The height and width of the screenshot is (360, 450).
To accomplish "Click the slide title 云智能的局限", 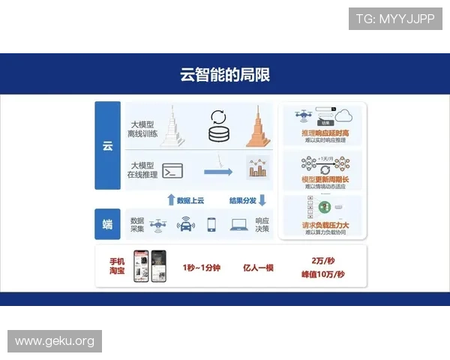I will click(225, 74).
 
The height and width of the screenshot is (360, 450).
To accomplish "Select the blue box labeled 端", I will click(107, 223).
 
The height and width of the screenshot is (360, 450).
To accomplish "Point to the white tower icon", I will click(174, 125).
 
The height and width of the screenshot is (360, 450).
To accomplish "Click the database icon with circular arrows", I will click(219, 126).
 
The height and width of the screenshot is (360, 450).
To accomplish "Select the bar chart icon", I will click(258, 167).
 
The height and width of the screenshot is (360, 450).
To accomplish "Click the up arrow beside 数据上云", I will click(171, 199).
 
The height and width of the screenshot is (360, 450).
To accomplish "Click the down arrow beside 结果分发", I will click(262, 199).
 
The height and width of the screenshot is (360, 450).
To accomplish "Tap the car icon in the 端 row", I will click(184, 223).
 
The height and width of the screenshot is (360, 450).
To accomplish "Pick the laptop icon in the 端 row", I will click(239, 223).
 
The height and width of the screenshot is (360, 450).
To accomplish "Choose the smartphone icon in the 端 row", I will click(211, 223).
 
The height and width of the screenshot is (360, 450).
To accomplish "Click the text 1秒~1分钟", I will click(202, 267).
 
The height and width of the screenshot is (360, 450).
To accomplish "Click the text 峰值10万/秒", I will click(322, 274).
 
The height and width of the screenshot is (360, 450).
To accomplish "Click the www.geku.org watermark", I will click(54, 341).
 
